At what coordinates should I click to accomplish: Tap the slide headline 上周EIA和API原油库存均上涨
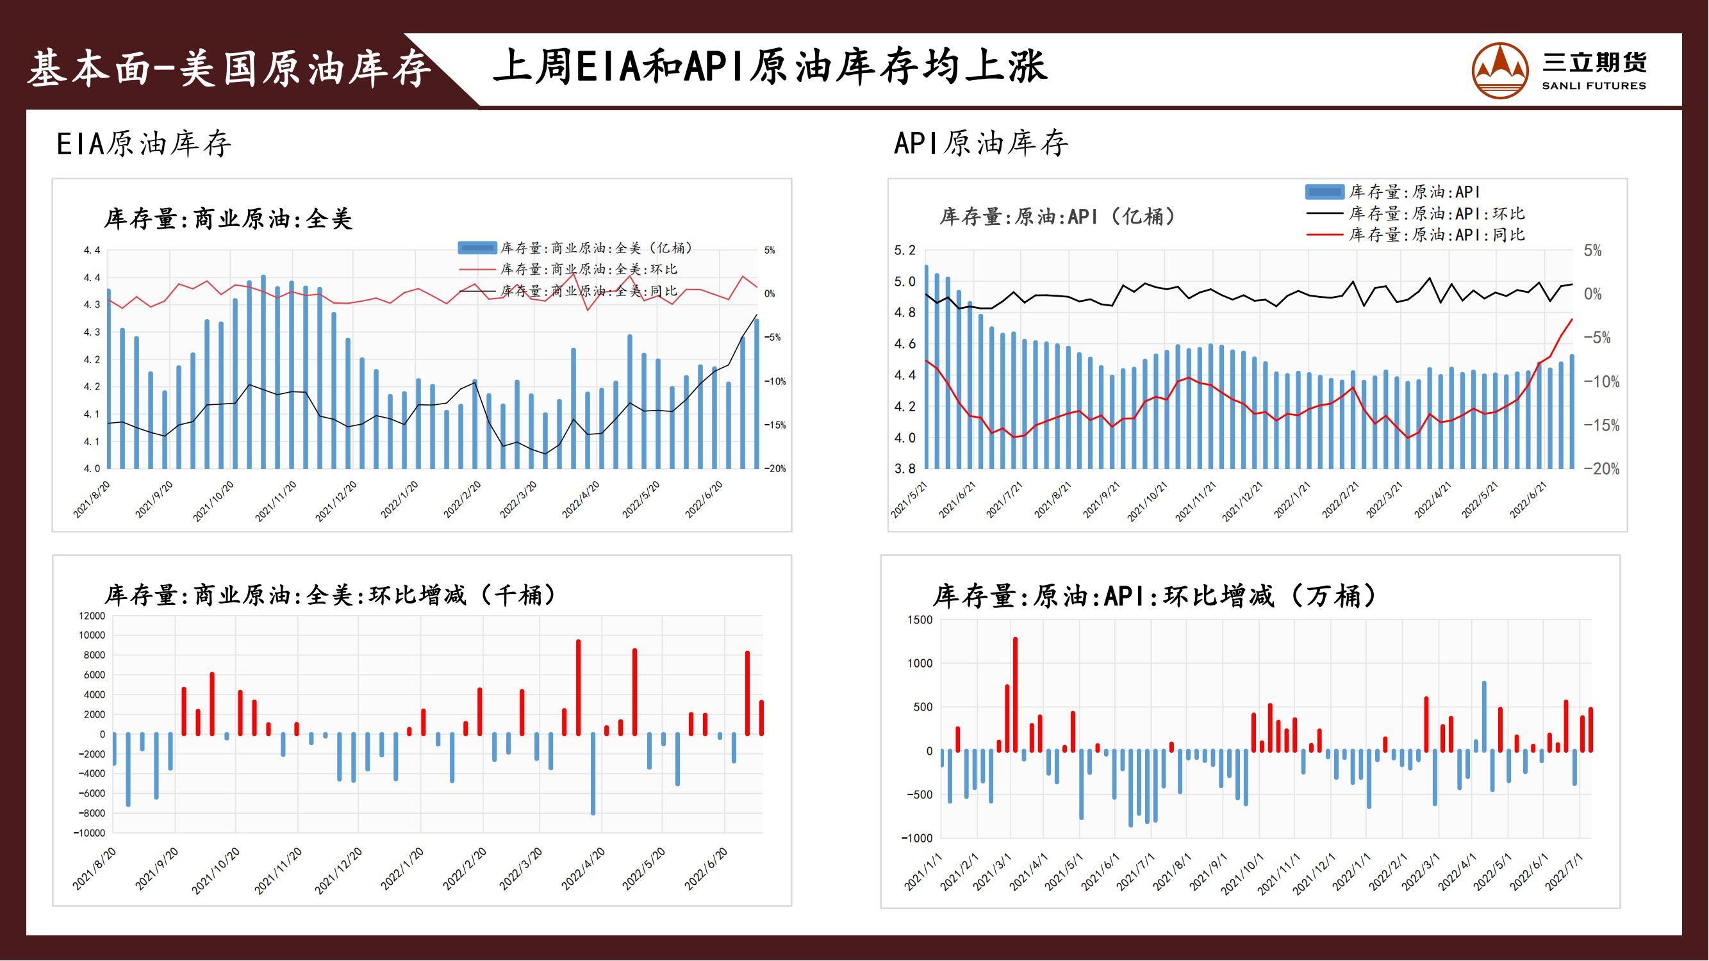coord(770,67)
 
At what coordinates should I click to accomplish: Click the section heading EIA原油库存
coord(144,144)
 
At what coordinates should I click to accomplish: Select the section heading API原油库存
coord(980,144)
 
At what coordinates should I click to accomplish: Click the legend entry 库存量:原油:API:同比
coord(1436,234)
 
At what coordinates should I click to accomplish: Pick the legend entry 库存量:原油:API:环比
coord(1436,213)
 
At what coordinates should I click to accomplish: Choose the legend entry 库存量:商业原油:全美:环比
coord(588,269)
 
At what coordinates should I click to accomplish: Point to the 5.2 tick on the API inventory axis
coord(904,251)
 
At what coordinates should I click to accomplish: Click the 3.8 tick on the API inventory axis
coord(904,469)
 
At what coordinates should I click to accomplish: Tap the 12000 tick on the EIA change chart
coord(92,616)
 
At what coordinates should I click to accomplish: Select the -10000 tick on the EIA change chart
coord(89,833)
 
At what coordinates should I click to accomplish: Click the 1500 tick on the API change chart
coord(920,620)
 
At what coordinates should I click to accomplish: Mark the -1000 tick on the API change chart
coord(917,838)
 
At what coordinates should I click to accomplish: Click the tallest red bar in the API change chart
coord(1015,694)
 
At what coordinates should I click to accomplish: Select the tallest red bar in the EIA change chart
coord(579,687)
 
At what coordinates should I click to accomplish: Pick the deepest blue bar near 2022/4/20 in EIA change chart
coord(593,774)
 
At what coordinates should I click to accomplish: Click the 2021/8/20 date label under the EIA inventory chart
coord(92,500)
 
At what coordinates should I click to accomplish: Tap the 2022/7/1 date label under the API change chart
coord(1564,872)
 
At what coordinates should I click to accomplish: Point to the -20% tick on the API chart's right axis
coord(1601,469)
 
